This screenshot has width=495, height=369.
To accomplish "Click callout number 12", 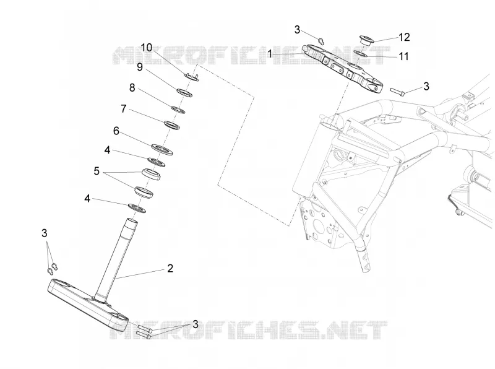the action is pos(404,37).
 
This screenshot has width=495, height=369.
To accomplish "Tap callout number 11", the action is pos(404,56).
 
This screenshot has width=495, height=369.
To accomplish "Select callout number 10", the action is pos(147,48).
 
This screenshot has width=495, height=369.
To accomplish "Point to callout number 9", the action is pos(140,67).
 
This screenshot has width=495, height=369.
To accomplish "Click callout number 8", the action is pos(132,87).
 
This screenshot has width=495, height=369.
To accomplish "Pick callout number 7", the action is pos(123,109).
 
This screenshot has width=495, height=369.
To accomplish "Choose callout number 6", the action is pos(116,131).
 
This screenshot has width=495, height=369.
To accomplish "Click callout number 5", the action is pos(97,171).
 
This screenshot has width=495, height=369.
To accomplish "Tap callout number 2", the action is pos(170,269).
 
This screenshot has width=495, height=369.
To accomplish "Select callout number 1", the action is pos(270,54).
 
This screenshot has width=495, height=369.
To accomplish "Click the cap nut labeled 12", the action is pos(367,40).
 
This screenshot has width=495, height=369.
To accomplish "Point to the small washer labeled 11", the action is pos(360,54).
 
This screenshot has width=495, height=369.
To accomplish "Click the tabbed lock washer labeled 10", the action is pos(191,76).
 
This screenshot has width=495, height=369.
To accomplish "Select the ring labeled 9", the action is pos(184,93).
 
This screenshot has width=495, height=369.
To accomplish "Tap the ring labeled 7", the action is pos(172,125).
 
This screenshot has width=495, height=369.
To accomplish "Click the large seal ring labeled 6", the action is pos(162,149).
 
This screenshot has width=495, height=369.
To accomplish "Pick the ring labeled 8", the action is pos(178,110).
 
